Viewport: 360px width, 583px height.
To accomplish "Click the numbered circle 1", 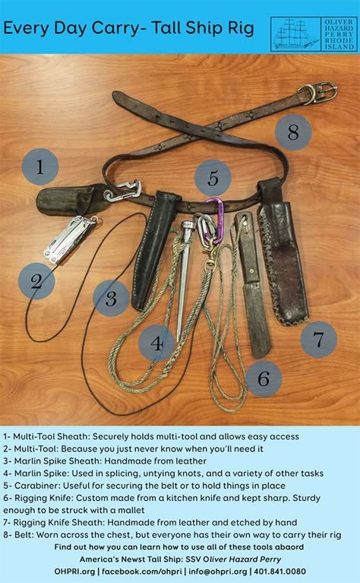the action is click(40, 166).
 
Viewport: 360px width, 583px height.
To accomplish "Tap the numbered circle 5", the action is click(213, 178).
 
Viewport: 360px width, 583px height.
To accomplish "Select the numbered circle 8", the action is click(293, 132).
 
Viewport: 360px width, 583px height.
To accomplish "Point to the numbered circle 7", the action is click(318, 340).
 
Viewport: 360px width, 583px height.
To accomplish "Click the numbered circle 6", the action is click(264, 379).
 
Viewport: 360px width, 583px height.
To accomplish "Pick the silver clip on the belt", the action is click(122, 191).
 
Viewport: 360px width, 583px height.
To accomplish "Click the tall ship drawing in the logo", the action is click(295, 34).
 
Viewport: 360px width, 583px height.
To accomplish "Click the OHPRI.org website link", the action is click(74, 572).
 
